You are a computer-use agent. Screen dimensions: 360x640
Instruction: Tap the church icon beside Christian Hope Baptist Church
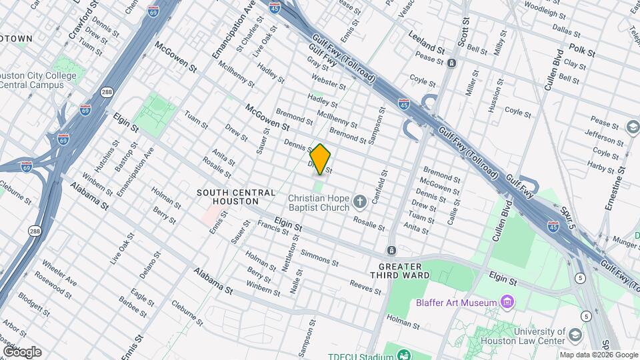coord(360,201)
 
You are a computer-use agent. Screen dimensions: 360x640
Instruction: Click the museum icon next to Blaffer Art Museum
coord(508,303)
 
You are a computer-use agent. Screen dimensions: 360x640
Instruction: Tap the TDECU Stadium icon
coord(404,354)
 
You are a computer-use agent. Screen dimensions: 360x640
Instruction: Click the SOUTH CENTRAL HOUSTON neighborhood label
coord(227,197)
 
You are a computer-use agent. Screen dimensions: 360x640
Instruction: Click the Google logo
coord(22,351)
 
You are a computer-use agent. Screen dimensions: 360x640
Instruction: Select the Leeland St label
coord(426,49)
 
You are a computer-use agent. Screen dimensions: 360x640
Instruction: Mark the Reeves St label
coord(365,285)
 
